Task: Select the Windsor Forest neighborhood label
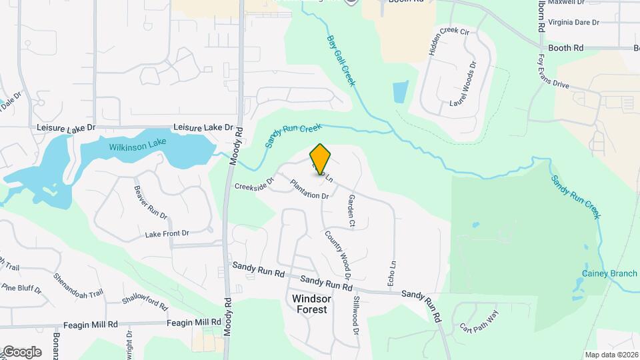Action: (x=310, y=304)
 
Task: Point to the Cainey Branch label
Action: (x=609, y=273)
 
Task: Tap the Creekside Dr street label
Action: (x=254, y=182)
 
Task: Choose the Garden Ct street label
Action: (x=351, y=211)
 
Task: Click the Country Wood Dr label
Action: (x=338, y=254)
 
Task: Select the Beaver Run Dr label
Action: (x=151, y=203)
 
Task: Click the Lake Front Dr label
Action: (x=167, y=234)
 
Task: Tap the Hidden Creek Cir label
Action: (x=449, y=41)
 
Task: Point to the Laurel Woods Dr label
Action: (x=463, y=84)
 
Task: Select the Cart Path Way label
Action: (x=479, y=323)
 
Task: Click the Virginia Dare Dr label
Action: (x=573, y=22)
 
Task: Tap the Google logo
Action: (x=23, y=351)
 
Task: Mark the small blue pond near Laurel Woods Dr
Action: (x=401, y=92)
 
